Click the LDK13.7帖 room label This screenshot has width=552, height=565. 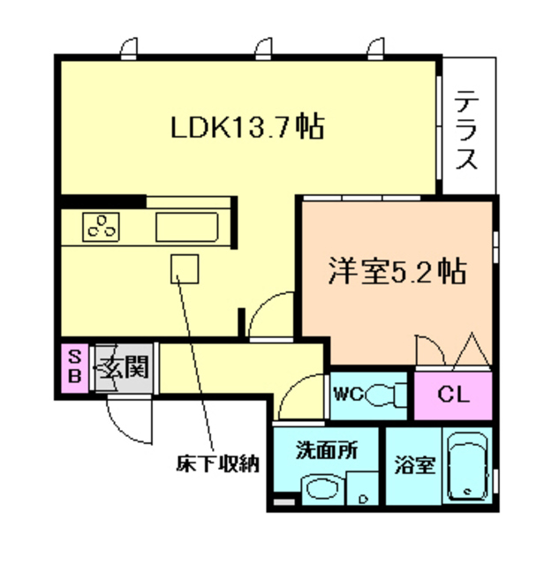pos(246,127)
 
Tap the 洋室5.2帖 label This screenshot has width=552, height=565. pos(397,271)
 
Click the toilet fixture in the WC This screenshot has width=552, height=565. pos(383,393)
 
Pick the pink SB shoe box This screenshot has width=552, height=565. pos(74,366)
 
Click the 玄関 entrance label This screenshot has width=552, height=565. pos(120,365)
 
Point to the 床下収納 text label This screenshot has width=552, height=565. pos(216,462)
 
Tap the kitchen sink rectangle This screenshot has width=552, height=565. pos(185,226)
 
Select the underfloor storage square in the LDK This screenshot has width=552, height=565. pos(185,267)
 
